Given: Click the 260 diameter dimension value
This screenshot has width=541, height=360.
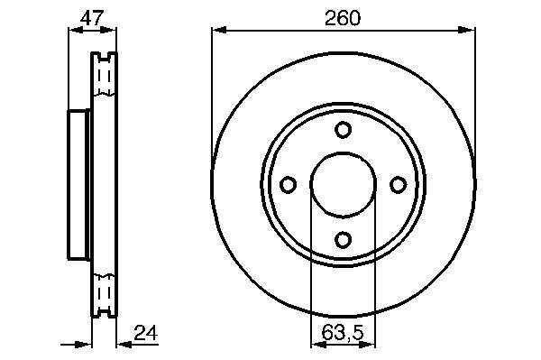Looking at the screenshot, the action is [343, 18].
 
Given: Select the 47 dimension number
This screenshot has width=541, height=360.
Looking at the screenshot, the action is [92, 18].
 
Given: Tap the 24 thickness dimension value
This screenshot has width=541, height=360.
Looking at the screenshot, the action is [145, 333].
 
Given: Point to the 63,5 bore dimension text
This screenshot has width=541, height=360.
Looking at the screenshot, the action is [343, 333].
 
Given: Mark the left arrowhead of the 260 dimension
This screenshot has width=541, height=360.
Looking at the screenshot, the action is [219, 31].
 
